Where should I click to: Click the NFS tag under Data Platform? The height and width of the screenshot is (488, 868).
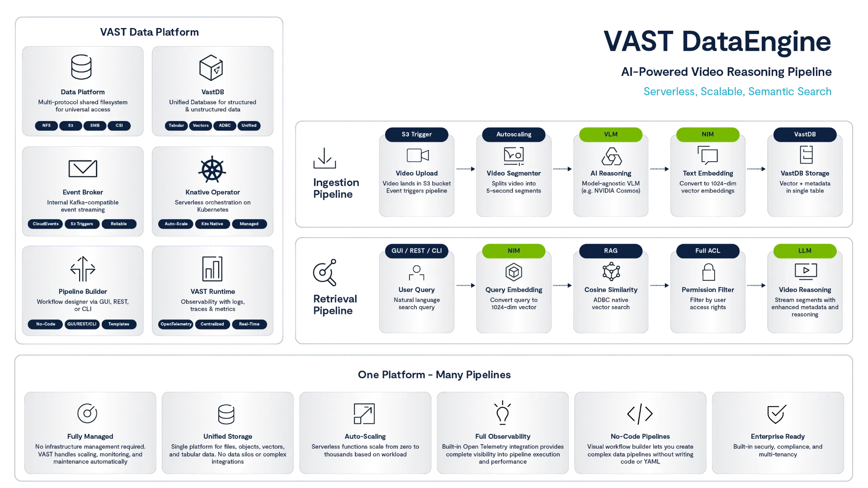pyautogui.click(x=46, y=126)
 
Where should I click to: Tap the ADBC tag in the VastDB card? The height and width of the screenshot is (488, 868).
pyautogui.click(x=225, y=126)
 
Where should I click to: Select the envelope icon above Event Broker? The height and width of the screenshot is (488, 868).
pyautogui.click(x=83, y=169)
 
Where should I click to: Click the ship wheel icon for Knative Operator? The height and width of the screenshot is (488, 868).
pyautogui.click(x=212, y=170)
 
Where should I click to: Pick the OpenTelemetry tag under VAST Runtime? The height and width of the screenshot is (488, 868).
pyautogui.click(x=176, y=324)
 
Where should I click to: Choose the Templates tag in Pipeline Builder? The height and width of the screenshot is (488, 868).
pyautogui.click(x=118, y=324)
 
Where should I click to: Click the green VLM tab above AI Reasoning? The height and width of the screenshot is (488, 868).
pyautogui.click(x=610, y=134)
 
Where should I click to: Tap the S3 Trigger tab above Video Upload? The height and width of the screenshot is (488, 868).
pyautogui.click(x=416, y=134)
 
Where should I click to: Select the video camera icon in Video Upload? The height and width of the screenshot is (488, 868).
pyautogui.click(x=417, y=155)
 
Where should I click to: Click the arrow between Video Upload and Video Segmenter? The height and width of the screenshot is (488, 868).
pyautogui.click(x=465, y=169)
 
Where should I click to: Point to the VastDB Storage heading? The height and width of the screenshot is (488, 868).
pyautogui.click(x=805, y=173)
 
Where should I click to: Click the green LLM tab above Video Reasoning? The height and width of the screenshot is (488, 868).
pyautogui.click(x=805, y=250)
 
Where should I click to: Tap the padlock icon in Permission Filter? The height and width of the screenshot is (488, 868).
pyautogui.click(x=708, y=272)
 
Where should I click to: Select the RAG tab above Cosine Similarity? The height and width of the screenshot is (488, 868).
pyautogui.click(x=610, y=250)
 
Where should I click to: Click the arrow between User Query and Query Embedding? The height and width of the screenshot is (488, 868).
pyautogui.click(x=465, y=285)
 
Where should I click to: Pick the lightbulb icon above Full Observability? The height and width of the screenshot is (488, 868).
pyautogui.click(x=502, y=413)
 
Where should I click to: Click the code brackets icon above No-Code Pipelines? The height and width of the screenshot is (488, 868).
pyautogui.click(x=640, y=413)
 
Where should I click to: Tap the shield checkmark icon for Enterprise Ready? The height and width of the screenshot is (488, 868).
pyautogui.click(x=777, y=413)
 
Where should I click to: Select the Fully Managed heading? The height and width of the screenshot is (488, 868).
pyautogui.click(x=90, y=436)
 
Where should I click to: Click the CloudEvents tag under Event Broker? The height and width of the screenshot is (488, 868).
pyautogui.click(x=46, y=224)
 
